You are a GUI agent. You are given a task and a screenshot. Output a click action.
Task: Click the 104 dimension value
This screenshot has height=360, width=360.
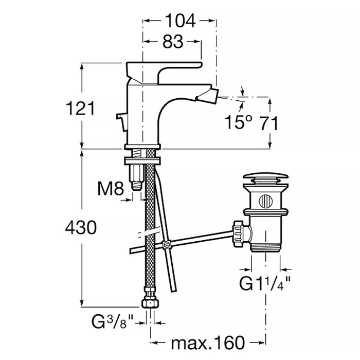pyautogui.click(x=180, y=21)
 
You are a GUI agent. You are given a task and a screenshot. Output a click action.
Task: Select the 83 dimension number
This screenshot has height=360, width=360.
pyautogui.click(x=173, y=42)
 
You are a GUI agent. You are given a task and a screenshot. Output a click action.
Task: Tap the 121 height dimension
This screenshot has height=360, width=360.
pyautogui.click(x=80, y=109)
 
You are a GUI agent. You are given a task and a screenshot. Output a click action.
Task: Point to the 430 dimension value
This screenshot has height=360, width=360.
pyautogui.click(x=81, y=227)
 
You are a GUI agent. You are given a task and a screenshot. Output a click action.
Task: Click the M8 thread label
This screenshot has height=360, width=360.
pyautogui.click(x=111, y=188)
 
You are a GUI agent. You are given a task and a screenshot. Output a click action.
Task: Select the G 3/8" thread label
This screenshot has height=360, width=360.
pyautogui.click(x=113, y=322)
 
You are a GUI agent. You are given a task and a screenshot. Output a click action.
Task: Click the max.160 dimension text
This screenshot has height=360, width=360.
pyautogui.click(x=208, y=343)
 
